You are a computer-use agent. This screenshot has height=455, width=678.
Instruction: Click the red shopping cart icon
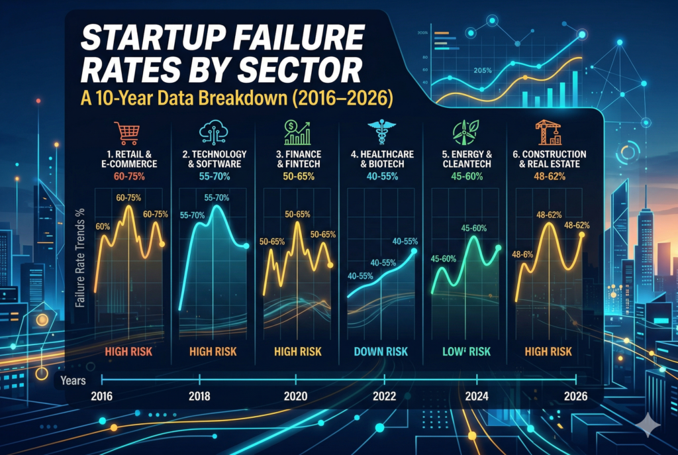(x=126, y=132)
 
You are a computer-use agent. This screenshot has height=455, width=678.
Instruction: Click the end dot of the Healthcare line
(x=414, y=251)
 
